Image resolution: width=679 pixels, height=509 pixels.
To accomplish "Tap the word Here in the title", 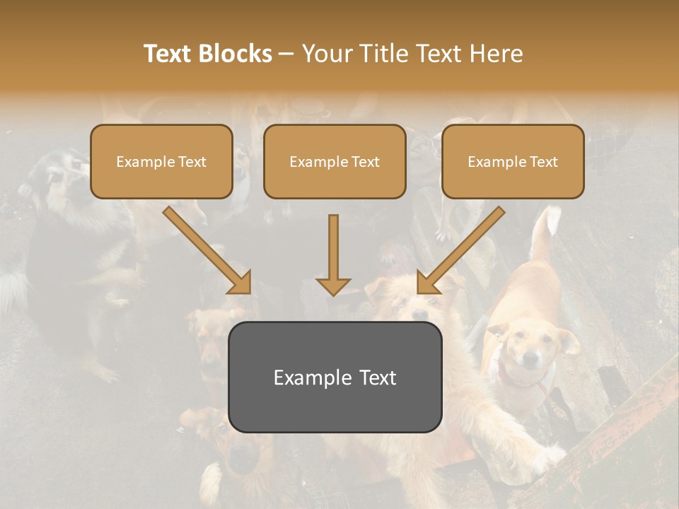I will click(496, 54).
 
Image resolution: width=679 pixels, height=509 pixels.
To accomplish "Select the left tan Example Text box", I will click(161, 161).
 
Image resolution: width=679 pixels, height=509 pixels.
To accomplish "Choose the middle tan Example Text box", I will click(335, 161).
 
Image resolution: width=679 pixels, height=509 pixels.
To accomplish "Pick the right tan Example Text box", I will click(513, 161).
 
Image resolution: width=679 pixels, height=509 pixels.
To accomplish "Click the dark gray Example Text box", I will click(335, 377).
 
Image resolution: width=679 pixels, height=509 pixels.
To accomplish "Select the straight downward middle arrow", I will click(333, 255).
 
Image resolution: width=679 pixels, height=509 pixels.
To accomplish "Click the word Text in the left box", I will click(192, 162).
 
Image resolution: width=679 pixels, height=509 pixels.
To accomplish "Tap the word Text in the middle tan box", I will click(366, 162).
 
